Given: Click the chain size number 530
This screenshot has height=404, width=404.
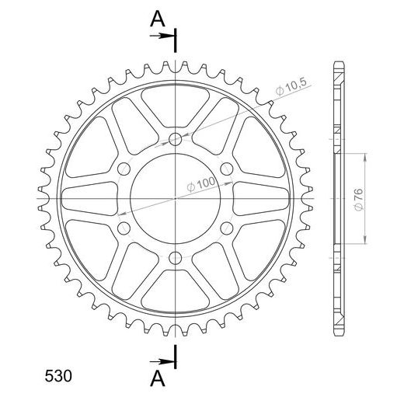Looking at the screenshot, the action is [x=58, y=376].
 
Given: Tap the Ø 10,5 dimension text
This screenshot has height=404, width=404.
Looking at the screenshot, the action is [x=291, y=86].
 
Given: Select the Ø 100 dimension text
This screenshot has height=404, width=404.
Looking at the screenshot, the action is [x=201, y=184].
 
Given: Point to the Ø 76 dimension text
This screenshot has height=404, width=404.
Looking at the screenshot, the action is [x=359, y=200].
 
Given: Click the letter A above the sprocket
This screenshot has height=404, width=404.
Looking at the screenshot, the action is [x=158, y=19].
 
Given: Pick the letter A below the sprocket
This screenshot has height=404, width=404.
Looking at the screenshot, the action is [x=158, y=378].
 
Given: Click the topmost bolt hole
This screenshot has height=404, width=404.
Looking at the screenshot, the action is [x=176, y=140].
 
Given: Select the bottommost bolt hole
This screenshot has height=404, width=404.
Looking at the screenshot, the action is [x=176, y=258].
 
